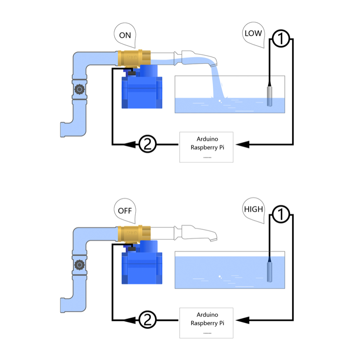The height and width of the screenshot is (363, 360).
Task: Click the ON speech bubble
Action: (125, 36)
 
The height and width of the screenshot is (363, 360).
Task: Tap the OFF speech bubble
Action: (125, 210)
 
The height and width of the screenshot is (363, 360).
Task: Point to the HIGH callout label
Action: (253, 209)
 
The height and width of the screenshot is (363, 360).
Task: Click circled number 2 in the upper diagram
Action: (148, 144)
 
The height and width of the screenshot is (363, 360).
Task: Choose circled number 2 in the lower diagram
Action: (148, 319)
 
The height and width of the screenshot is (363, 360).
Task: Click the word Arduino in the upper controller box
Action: (207, 139)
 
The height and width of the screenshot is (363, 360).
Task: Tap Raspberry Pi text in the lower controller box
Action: (207, 323)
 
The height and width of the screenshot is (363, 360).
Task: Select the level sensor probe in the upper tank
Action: (270, 95)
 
